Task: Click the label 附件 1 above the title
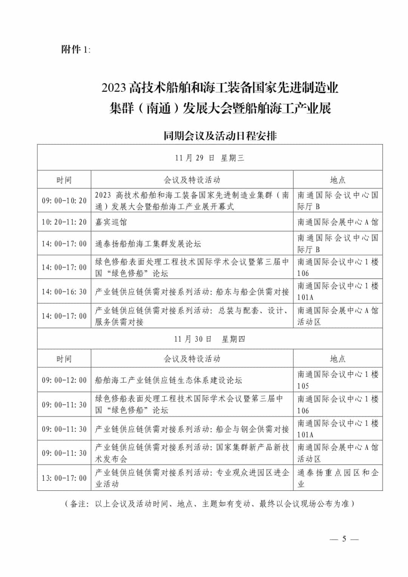coord(76,50)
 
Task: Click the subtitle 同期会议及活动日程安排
coord(220,136)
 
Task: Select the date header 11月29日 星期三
coord(210,158)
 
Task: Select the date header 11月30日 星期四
coord(210,339)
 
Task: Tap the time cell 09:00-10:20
coord(64,201)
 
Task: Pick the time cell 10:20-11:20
coord(64,222)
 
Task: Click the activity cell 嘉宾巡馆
coord(111,222)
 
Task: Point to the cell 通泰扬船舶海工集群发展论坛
coord(148,244)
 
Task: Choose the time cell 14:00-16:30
coord(64,292)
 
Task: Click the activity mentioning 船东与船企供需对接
coord(192,292)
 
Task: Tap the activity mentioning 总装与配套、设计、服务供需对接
coord(192,316)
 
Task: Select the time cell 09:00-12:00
coord(64,380)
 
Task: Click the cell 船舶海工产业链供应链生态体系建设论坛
coord(168,380)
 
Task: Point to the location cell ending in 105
coord(338,380)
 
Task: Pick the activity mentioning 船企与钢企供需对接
coord(192,429)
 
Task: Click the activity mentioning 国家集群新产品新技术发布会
coord(192,453)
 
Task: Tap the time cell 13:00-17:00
coord(64,478)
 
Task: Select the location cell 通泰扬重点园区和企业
coord(338,478)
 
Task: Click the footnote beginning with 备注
coord(210,504)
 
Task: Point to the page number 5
coord(344,539)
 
